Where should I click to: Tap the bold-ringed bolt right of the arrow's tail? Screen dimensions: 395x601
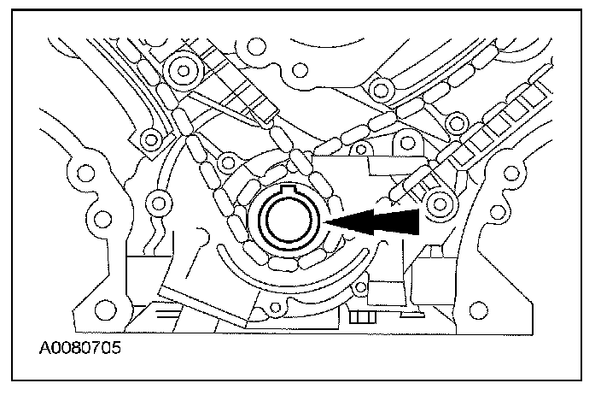441,203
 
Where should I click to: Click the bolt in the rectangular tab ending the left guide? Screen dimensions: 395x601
151,138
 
